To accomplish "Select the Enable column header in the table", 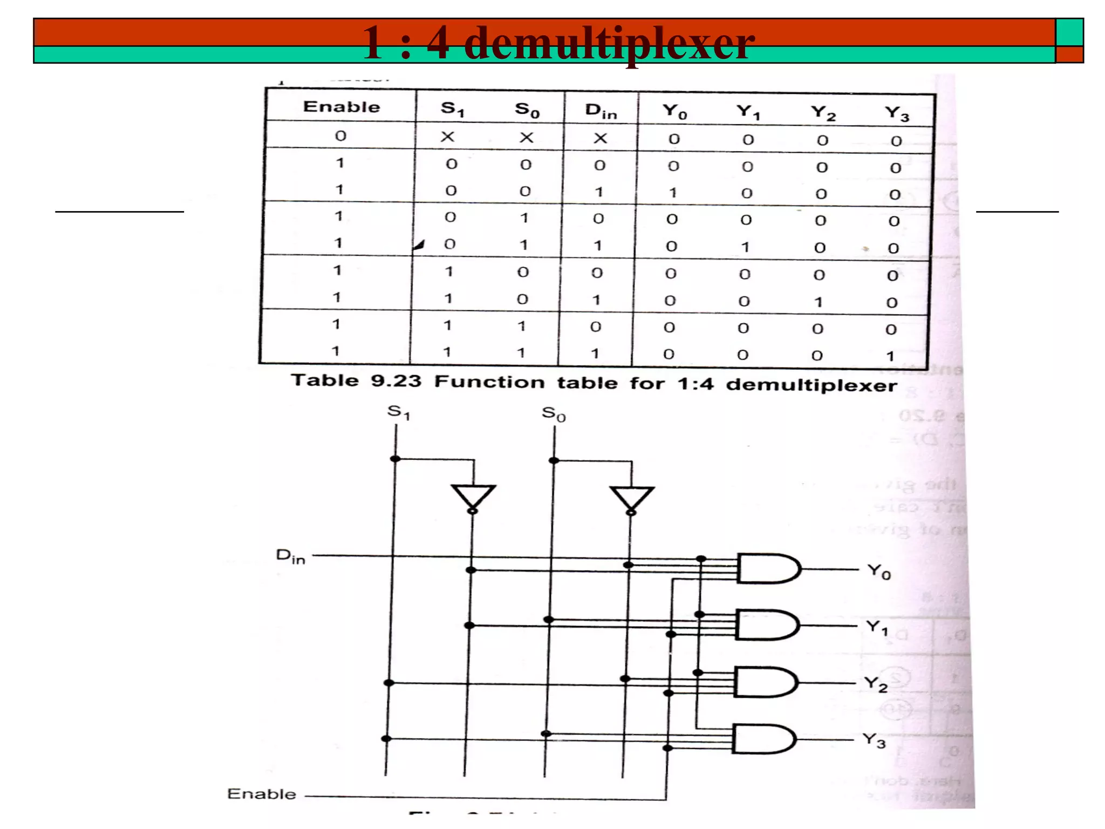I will [x=342, y=107].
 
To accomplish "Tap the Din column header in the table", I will [x=601, y=111].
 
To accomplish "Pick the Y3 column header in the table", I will [x=897, y=113].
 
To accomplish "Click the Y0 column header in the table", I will [x=674, y=112].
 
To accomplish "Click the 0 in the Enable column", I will [x=340, y=135].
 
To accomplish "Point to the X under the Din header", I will [x=600, y=139].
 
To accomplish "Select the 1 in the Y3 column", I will [x=890, y=356].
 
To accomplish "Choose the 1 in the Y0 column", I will [x=673, y=193].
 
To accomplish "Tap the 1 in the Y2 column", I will [x=818, y=302].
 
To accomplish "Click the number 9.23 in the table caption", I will [x=395, y=381].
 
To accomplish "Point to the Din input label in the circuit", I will [x=290, y=556].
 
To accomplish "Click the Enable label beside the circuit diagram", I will [x=262, y=794].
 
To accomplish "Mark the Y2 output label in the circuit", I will [x=875, y=684].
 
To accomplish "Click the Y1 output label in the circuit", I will [x=877, y=627].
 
